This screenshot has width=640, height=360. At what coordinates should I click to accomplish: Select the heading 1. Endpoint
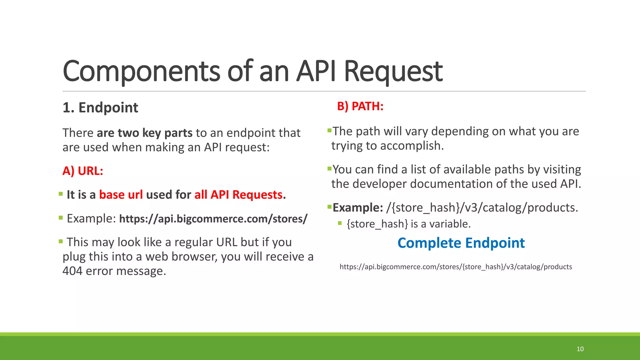click(100, 107)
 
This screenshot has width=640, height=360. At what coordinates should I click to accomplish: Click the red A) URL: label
click(83, 171)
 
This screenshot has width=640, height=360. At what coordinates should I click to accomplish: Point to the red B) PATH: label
click(360, 106)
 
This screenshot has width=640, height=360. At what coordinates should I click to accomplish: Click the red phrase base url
click(121, 195)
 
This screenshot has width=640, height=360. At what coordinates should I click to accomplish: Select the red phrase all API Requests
click(238, 195)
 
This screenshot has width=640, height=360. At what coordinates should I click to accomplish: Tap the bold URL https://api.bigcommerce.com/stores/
click(213, 219)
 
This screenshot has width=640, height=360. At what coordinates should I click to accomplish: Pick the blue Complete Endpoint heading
click(461, 243)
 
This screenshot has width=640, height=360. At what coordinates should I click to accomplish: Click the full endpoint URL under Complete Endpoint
click(456, 267)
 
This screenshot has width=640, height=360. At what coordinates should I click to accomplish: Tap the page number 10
click(580, 349)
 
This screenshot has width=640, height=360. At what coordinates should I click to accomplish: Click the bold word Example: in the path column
click(357, 207)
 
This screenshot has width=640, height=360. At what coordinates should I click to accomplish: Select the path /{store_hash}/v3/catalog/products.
click(482, 207)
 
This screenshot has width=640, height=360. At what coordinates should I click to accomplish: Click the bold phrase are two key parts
click(144, 133)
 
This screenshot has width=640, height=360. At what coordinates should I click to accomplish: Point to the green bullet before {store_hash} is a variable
click(340, 223)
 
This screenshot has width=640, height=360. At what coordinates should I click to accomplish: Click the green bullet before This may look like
click(61, 241)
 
